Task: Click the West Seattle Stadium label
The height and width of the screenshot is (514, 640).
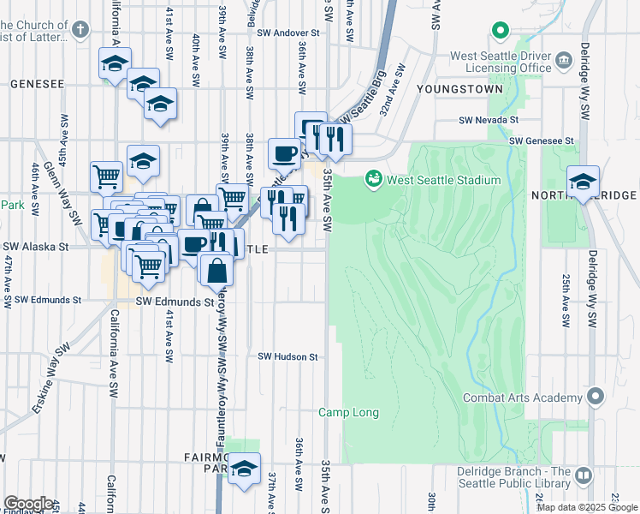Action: click(x=443, y=180)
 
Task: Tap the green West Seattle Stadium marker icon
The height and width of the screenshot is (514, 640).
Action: click(x=373, y=180)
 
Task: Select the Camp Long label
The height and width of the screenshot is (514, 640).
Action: click(x=348, y=413)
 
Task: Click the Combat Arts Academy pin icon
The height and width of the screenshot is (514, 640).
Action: click(x=596, y=397)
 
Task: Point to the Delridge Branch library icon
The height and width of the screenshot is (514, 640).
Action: click(x=584, y=475)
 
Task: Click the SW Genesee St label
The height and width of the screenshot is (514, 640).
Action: click(x=540, y=140)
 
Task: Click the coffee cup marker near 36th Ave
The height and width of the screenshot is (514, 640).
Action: click(x=285, y=154)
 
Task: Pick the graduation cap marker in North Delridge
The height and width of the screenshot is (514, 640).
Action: click(x=583, y=182)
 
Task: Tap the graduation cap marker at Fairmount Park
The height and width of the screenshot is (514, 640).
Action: click(x=245, y=469)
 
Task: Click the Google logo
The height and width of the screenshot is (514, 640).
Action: click(x=28, y=504)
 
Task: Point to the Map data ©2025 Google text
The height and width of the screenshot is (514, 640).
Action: click(x=587, y=507)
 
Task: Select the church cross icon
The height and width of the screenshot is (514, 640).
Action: click(x=80, y=32)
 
